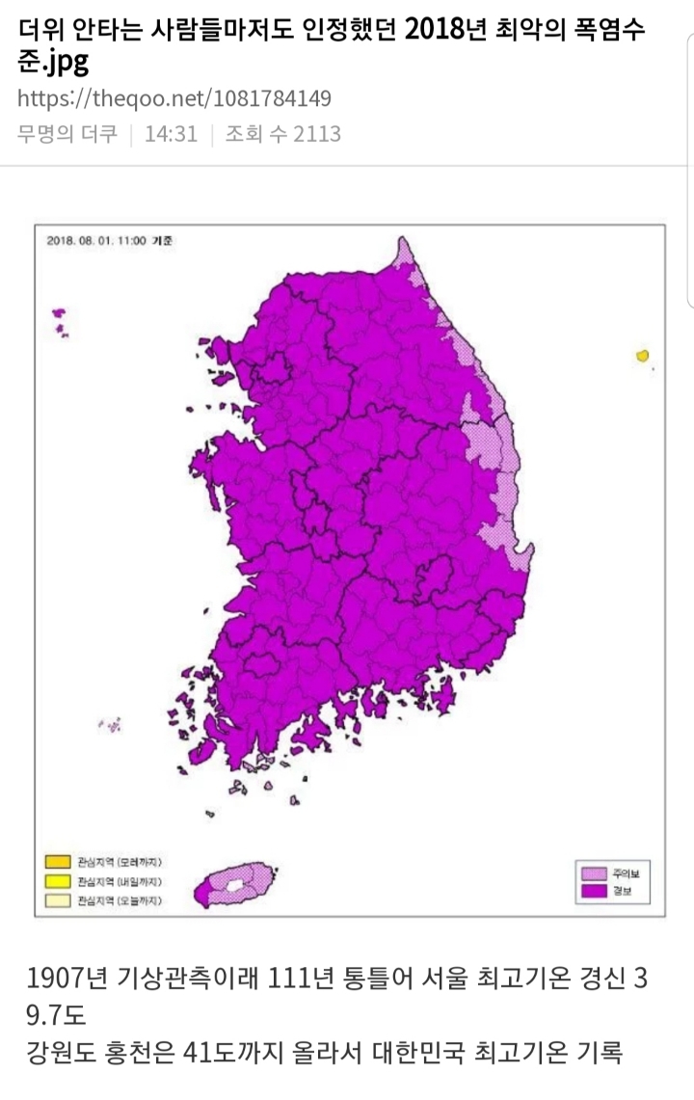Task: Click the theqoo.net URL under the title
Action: (174, 98)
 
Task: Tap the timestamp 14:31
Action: (171, 134)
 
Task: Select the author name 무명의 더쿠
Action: (67, 134)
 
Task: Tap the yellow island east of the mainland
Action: (642, 356)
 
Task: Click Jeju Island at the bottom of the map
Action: (235, 884)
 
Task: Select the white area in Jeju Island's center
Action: (235, 883)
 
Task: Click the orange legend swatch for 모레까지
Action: (58, 861)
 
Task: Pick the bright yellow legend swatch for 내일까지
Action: (58, 881)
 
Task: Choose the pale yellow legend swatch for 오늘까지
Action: (58, 901)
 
